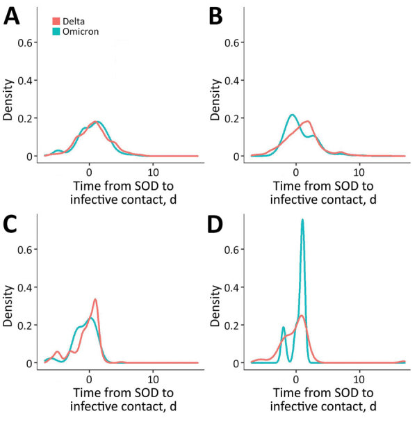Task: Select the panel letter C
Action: [12, 224]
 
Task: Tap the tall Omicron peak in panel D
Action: [302, 220]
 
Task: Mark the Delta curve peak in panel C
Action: [95, 300]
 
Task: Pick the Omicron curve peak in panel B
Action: [293, 115]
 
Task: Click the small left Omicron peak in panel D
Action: [283, 328]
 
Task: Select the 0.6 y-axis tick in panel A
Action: [31, 42]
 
